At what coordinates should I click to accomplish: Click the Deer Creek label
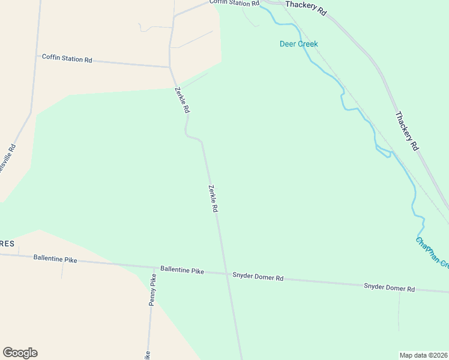click(x=298, y=44)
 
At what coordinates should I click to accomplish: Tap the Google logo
click(x=20, y=353)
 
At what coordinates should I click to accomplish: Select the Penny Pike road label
click(x=152, y=290)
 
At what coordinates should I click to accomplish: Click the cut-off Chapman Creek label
click(x=432, y=253)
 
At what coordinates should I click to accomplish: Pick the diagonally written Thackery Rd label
click(x=406, y=131)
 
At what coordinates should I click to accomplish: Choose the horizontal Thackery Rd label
click(x=306, y=8)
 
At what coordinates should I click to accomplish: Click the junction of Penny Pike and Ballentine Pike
click(x=151, y=267)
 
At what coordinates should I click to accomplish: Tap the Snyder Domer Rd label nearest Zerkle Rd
click(x=258, y=278)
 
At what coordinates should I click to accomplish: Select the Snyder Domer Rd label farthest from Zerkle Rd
click(x=389, y=288)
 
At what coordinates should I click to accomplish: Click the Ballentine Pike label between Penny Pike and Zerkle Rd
click(x=182, y=271)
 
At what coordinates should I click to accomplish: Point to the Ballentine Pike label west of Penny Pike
click(x=55, y=258)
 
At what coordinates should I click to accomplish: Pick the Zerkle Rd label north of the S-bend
click(x=182, y=100)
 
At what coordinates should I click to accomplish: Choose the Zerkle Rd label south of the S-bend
click(x=212, y=199)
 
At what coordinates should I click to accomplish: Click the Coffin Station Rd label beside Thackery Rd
click(x=234, y=3)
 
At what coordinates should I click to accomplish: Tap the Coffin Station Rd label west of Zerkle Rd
click(x=67, y=59)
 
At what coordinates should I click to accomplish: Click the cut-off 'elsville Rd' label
click(x=7, y=159)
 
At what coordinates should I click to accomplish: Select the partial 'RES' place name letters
click(x=7, y=243)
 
